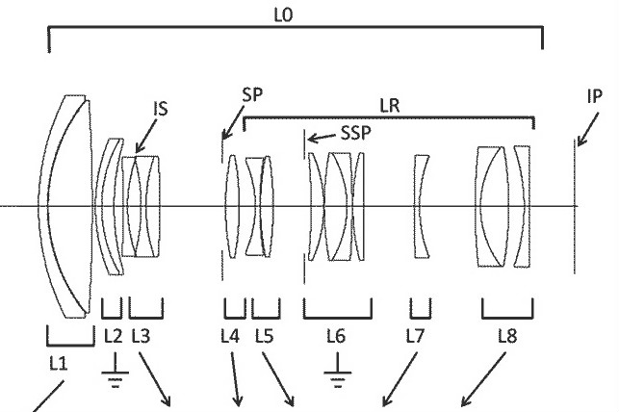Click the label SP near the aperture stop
pyautogui.click(x=254, y=94)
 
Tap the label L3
pyautogui.click(x=140, y=337)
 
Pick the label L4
pyautogui.click(x=230, y=337)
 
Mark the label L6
pyautogui.click(x=336, y=337)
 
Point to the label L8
pyautogui.click(x=506, y=337)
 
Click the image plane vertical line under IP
pyautogui.click(x=576, y=206)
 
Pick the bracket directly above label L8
pyautogui.click(x=507, y=312)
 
